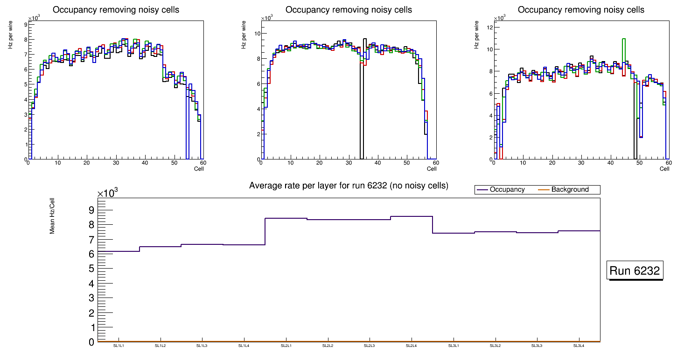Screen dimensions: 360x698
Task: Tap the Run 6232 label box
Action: click(635, 271)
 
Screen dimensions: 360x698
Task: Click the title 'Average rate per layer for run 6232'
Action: click(349, 186)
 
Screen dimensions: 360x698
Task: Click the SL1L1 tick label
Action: click(119, 346)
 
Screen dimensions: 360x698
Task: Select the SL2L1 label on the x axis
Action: click(286, 346)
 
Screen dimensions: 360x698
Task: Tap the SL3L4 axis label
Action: click(579, 346)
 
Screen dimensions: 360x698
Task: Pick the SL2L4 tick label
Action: click(412, 346)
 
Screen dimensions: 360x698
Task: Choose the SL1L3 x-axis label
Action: click(202, 346)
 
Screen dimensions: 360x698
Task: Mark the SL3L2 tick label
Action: click(495, 346)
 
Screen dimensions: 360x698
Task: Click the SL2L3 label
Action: click(370, 346)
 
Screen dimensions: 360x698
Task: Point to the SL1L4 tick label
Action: click(244, 346)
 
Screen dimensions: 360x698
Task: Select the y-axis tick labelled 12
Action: click(490, 27)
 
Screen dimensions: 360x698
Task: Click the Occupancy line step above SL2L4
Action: click(412, 216)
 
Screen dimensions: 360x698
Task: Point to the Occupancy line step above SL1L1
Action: click(119, 251)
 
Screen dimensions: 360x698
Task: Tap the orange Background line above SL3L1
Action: click(454, 342)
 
